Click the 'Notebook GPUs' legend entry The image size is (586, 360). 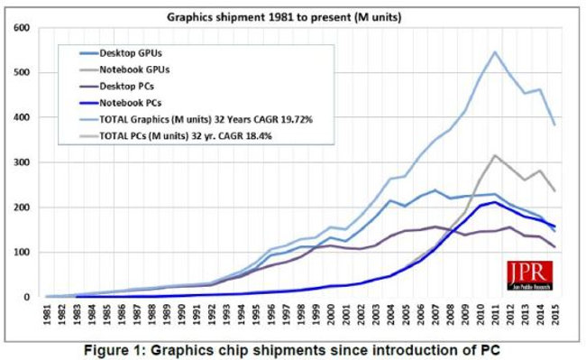click(x=136, y=69)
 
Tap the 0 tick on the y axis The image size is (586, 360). click(x=25, y=297)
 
